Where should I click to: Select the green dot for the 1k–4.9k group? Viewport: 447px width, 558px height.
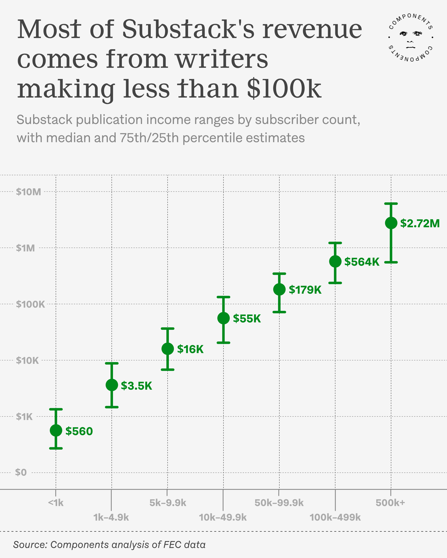pos(112,385)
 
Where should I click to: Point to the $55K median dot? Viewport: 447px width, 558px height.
pos(223,318)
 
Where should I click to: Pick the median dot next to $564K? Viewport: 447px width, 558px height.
pos(335,261)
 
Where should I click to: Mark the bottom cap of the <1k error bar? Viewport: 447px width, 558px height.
pos(56,448)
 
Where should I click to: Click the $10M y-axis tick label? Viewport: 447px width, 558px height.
pos(29,192)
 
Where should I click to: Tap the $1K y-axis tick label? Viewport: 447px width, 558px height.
pos(24,417)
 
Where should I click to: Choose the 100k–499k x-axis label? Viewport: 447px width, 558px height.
pos(335,517)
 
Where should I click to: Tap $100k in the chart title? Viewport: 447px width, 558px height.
pos(284,89)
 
